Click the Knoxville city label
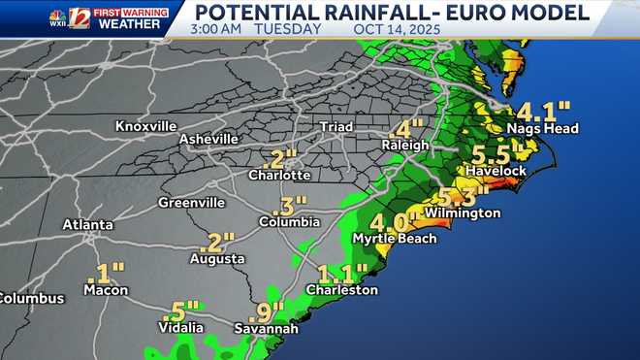(x=145, y=126)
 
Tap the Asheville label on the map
(x=208, y=139)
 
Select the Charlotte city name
(x=279, y=175)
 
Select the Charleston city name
(x=341, y=289)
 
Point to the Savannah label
(x=266, y=329)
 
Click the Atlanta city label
(x=87, y=224)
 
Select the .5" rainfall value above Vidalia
(x=178, y=311)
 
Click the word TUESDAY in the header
(x=287, y=29)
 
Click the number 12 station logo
(x=79, y=18)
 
